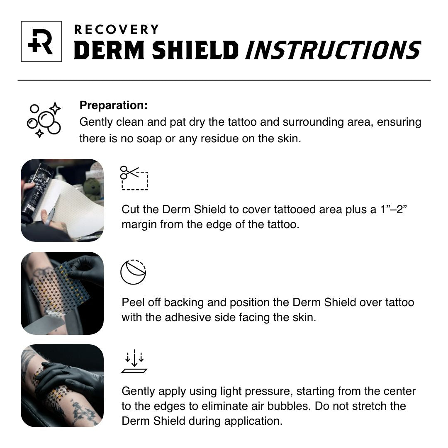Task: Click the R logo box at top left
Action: click(41, 41)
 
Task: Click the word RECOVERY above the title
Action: click(116, 30)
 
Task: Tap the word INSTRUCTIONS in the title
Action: click(333, 51)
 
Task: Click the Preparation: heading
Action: click(113, 105)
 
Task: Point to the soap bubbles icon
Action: click(44, 121)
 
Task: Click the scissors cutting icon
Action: click(134, 178)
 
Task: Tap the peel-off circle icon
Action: click(133, 272)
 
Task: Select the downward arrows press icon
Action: click(134, 362)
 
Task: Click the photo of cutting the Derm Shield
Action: click(62, 200)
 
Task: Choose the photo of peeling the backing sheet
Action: click(62, 293)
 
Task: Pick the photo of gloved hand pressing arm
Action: click(62, 386)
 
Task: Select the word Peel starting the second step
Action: click(133, 302)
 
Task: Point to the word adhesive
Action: click(190, 318)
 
